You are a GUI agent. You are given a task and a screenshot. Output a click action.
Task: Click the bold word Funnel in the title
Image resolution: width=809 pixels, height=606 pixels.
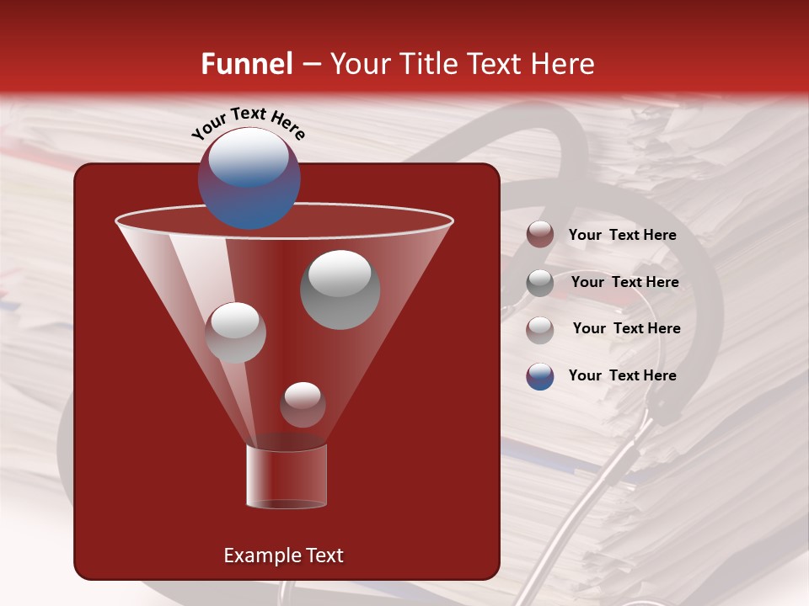(x=246, y=64)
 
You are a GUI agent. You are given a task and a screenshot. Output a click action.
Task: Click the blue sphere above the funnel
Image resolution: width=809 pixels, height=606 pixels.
(x=249, y=178)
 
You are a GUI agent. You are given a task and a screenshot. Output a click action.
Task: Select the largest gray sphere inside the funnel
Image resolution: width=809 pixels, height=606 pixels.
(x=340, y=289)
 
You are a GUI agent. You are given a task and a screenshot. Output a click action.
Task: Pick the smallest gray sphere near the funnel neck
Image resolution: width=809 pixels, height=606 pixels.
(x=303, y=405)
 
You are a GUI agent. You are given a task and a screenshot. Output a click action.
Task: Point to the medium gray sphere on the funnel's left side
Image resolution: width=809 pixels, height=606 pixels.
(x=235, y=332)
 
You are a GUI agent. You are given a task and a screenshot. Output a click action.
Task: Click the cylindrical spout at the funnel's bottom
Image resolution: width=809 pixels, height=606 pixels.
(x=287, y=476)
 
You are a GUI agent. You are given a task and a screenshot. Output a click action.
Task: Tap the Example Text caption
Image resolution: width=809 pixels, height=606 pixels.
(x=283, y=555)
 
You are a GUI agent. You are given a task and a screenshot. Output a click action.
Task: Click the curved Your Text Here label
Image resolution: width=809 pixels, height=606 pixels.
(x=249, y=122)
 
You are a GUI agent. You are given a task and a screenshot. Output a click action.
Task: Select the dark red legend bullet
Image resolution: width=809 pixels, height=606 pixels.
(x=540, y=235)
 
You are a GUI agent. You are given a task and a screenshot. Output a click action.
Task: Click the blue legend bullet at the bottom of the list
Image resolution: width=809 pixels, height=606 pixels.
(x=540, y=376)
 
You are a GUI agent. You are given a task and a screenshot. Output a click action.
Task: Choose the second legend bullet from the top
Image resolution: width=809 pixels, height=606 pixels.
(x=540, y=283)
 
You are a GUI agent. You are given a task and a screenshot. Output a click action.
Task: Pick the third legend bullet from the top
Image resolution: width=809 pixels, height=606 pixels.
(x=540, y=329)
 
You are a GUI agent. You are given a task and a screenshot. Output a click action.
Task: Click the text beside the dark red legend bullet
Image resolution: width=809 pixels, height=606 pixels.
(x=622, y=236)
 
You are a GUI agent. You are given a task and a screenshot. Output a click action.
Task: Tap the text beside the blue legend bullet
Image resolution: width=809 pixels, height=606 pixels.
(x=622, y=375)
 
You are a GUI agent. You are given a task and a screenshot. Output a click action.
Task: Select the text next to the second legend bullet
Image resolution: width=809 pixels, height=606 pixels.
(x=624, y=283)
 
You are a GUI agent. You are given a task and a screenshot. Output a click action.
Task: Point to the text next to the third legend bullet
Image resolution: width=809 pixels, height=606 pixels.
(x=626, y=328)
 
